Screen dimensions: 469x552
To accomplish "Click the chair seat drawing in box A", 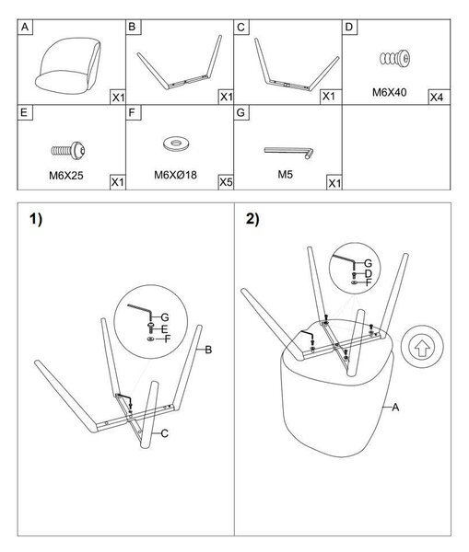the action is point(67,66).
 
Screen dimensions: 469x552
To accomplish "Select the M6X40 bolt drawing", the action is point(395,58).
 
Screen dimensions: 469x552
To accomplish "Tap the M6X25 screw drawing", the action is point(67,150).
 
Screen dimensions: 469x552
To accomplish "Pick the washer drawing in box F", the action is point(176,144).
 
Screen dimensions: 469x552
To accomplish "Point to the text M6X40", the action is point(390,92).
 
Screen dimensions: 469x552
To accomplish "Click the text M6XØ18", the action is point(175,175).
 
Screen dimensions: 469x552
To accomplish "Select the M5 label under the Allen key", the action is point(286,174).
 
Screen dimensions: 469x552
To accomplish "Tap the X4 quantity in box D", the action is point(437,98).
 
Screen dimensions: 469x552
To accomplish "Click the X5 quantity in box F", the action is point(226,182).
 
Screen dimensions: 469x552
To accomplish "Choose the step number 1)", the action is point(36,220).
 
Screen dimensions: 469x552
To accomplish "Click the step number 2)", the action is point(252,219).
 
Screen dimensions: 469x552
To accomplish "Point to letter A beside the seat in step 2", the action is point(395,408).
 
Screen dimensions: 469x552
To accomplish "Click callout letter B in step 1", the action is point(208,350).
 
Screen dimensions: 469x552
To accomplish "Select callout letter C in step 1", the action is point(164,433).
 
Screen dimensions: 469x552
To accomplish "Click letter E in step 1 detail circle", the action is point(164,329).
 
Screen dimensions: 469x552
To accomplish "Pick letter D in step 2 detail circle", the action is point(369,273).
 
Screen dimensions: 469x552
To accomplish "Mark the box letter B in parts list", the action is point(133,27).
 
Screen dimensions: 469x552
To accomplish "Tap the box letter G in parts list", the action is point(241,112).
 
